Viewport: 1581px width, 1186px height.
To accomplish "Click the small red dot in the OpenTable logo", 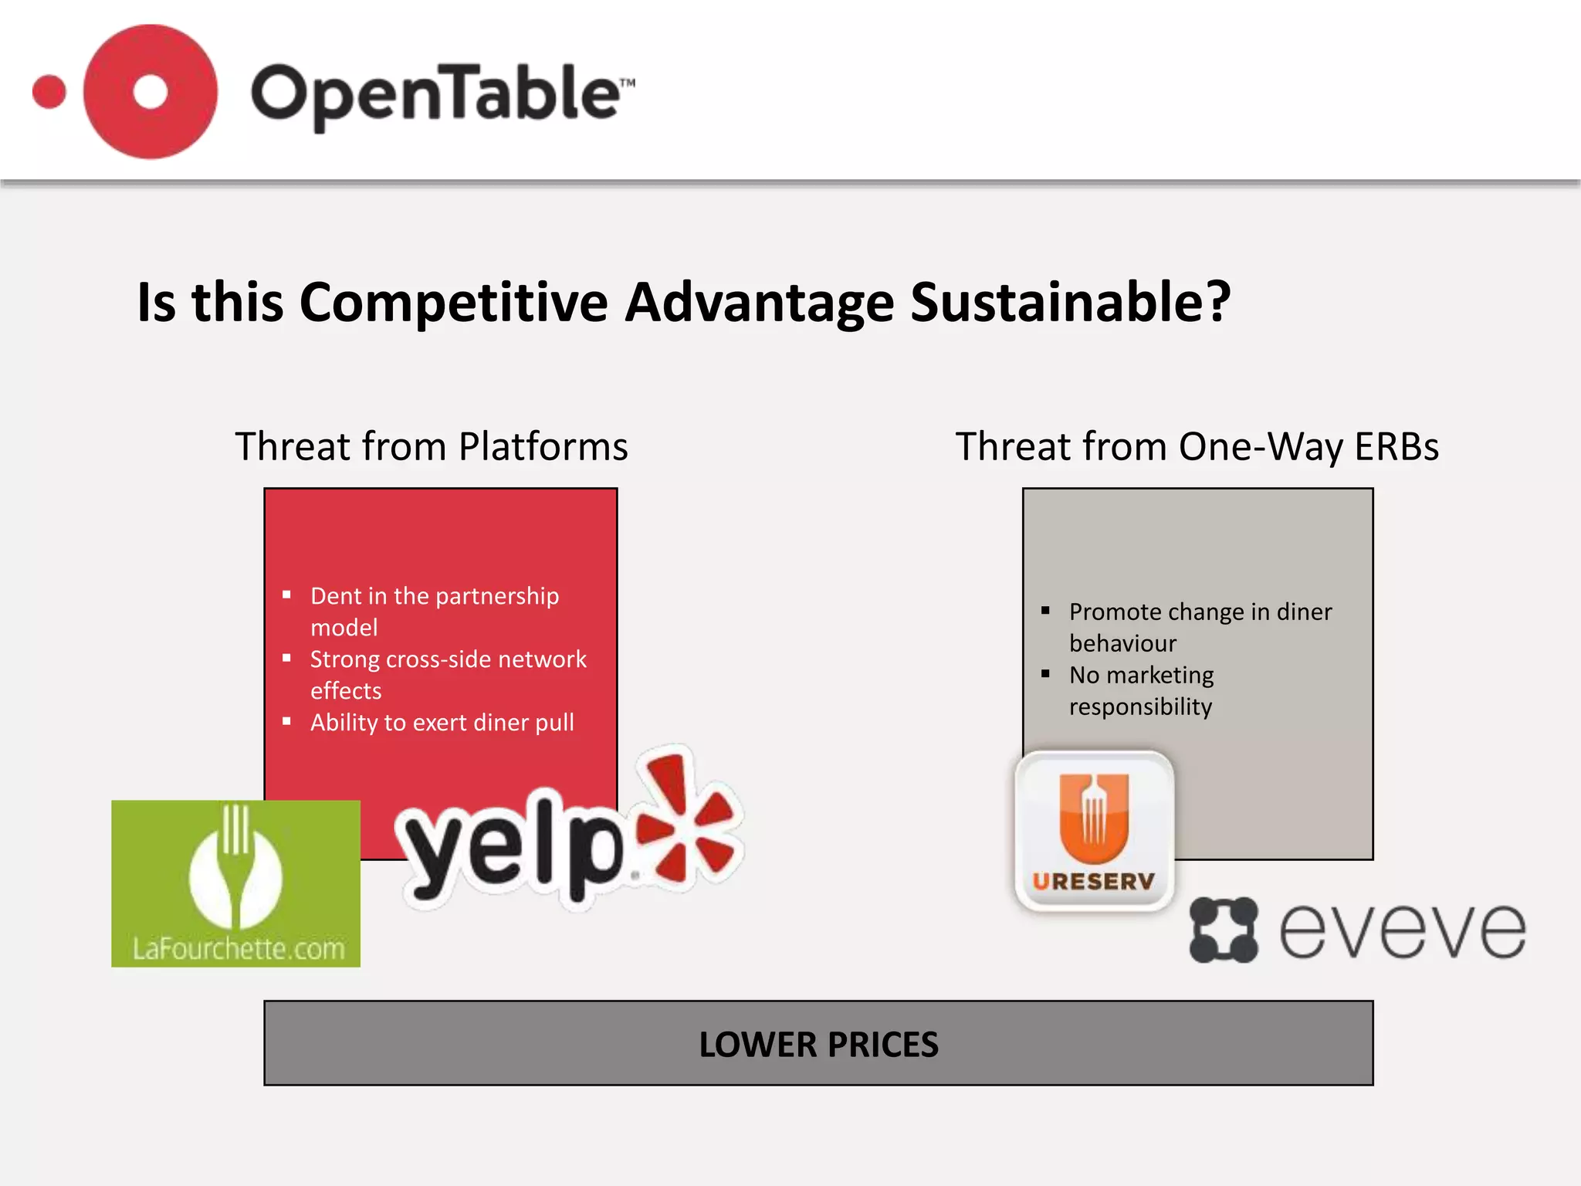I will click(x=49, y=92).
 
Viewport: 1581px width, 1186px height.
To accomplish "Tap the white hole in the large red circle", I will click(x=150, y=92).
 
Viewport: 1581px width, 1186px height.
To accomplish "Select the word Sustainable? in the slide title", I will click(x=1070, y=301).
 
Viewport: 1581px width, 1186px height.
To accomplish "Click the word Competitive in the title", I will click(x=453, y=301).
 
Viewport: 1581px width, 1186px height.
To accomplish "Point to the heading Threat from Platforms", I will click(x=432, y=446).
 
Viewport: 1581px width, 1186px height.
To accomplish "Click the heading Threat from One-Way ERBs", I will click(x=1197, y=446).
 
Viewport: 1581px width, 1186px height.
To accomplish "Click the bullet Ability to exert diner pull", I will click(x=442, y=722).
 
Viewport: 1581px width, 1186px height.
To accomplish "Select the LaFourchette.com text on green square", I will click(x=238, y=948).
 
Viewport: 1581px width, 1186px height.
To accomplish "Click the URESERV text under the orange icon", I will click(x=1093, y=881).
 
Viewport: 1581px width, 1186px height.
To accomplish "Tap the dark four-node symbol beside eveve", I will click(x=1223, y=930).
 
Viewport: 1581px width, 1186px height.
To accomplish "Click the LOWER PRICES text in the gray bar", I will click(x=818, y=1044).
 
